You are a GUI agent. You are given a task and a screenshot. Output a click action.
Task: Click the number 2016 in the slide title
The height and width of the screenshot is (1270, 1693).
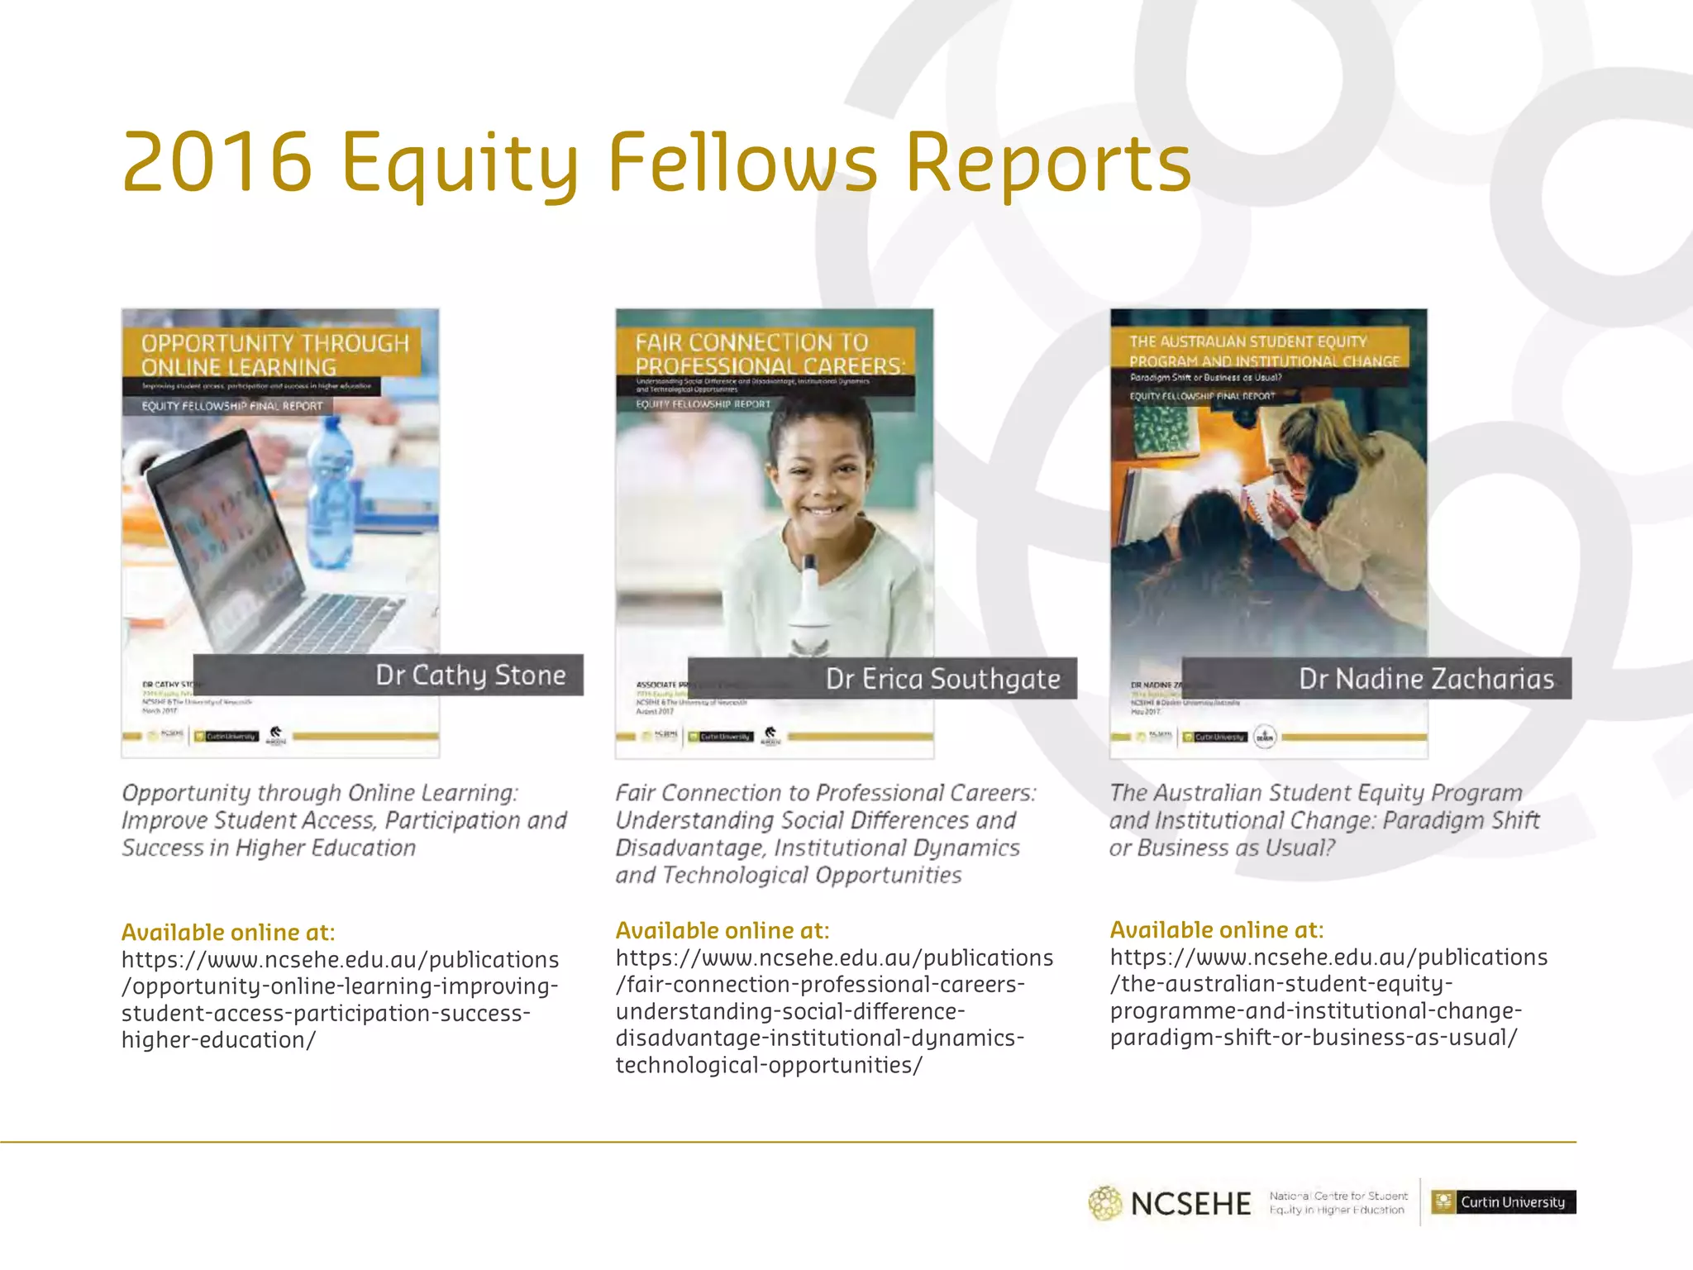click(217, 163)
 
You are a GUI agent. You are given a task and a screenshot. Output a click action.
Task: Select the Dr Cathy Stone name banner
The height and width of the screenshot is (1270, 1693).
click(388, 675)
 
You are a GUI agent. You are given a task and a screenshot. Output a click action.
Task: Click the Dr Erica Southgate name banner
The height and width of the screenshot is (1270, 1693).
click(882, 679)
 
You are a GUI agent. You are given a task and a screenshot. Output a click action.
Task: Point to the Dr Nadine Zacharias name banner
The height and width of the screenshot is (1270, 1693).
click(1376, 679)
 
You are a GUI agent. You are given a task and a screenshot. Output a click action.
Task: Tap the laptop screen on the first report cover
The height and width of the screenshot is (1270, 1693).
click(223, 529)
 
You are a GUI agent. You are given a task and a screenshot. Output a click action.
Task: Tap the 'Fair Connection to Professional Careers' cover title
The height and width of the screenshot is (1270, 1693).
click(769, 354)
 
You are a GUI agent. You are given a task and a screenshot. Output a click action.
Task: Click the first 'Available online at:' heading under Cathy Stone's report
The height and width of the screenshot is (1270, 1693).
click(228, 933)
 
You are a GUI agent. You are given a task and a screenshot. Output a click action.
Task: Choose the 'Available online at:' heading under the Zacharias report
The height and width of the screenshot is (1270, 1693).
click(1216, 930)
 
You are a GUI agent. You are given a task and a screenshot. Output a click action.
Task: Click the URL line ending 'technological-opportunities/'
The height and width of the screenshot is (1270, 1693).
click(768, 1065)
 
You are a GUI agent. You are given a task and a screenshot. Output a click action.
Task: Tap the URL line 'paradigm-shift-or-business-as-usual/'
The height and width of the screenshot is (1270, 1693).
click(1314, 1038)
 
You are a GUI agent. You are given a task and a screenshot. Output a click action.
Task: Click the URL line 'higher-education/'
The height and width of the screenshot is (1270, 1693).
click(218, 1040)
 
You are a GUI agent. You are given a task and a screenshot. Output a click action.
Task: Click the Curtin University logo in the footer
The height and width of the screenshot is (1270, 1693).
click(1503, 1202)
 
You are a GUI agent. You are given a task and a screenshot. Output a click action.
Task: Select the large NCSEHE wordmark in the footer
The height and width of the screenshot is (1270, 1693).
click(1190, 1204)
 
